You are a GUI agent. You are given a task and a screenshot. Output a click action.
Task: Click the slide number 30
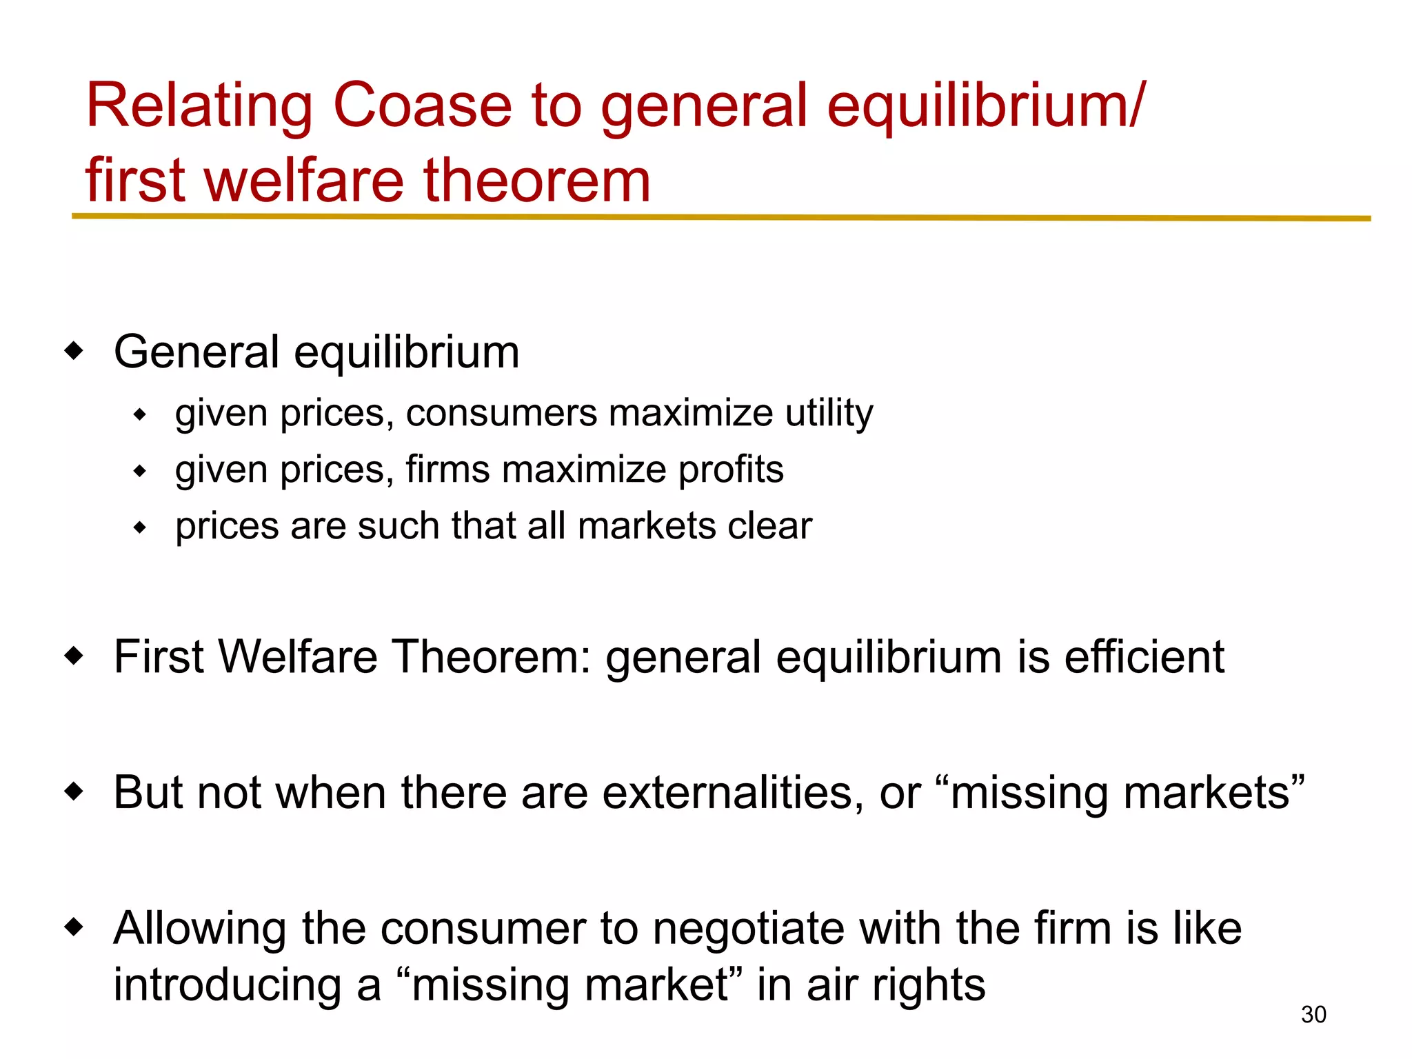[1313, 1015]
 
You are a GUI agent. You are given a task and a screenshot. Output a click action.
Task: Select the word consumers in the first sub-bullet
[501, 414]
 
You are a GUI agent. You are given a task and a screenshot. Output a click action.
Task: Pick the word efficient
[1144, 656]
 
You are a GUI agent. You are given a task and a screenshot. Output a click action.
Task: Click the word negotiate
[748, 928]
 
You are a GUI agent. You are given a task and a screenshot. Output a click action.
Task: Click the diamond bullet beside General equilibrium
[74, 351]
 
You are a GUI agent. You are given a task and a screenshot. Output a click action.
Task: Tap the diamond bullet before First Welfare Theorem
[74, 656]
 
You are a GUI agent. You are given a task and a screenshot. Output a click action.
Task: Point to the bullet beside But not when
[74, 791]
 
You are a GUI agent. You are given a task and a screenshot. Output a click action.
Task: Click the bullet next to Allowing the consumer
[74, 927]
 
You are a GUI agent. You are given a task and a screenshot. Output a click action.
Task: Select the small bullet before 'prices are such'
[140, 528]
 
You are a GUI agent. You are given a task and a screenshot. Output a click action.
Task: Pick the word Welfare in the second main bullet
[298, 656]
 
